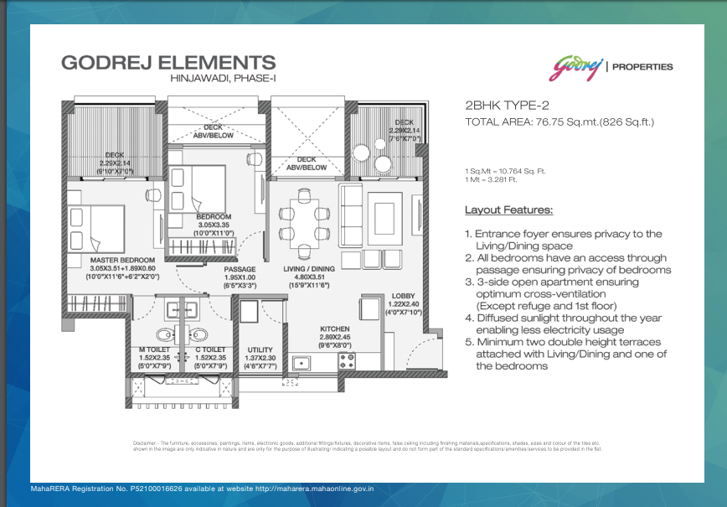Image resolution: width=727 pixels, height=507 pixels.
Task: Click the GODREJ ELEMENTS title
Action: [168, 62]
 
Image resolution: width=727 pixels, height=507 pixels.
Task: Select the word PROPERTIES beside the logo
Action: [643, 67]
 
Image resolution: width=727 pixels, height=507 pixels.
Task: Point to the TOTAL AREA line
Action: [559, 122]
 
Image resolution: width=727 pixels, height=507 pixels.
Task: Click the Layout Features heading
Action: [508, 210]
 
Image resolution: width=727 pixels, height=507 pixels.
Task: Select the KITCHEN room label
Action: [335, 329]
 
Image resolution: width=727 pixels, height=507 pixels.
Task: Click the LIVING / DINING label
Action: [311, 269]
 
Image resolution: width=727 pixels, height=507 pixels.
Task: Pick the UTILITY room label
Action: [260, 350]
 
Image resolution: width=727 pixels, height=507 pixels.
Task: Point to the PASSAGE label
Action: [240, 269]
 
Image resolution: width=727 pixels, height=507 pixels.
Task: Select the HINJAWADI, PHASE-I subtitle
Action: [221, 79]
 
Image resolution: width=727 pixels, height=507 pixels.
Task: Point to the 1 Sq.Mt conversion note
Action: [505, 171]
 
